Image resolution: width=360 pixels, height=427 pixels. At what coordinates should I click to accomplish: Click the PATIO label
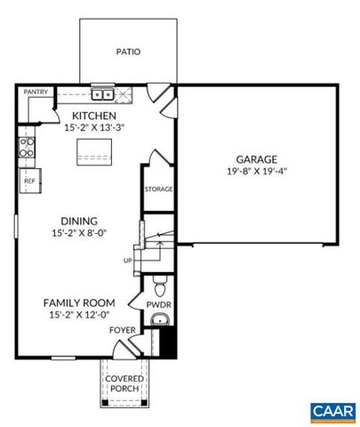(128, 52)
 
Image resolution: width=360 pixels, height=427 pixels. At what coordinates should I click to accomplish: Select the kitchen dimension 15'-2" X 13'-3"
(94, 127)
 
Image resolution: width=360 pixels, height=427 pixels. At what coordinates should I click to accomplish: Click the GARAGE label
(257, 159)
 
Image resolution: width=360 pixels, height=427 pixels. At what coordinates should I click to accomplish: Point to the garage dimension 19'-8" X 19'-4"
(257, 171)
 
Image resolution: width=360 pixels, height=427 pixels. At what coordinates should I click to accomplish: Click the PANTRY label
(36, 92)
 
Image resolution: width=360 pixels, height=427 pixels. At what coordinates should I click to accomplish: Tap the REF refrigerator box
(28, 181)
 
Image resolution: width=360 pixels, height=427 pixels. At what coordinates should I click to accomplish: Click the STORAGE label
(158, 189)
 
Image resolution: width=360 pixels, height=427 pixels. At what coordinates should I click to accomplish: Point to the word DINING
(79, 222)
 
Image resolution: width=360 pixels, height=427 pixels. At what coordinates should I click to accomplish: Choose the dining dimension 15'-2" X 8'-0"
(79, 234)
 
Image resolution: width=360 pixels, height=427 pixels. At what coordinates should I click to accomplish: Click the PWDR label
(158, 304)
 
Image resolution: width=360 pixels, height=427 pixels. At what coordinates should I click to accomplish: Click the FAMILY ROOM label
(79, 302)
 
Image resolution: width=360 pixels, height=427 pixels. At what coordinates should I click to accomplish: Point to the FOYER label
(122, 329)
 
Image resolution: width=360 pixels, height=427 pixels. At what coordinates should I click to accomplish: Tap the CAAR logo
(332, 411)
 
